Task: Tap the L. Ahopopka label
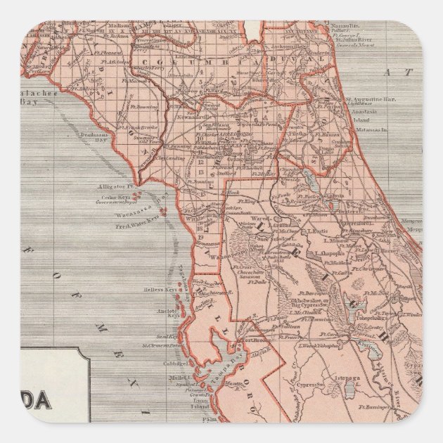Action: [328, 252]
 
